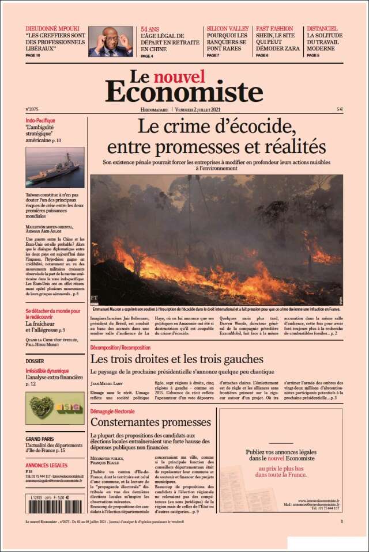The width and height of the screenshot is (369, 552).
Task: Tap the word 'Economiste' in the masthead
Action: pyautogui.click(x=184, y=92)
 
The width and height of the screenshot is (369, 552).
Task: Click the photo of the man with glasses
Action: pyautogui.click(x=110, y=41)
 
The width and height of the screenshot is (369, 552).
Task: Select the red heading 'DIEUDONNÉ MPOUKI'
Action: pyautogui.click(x=52, y=28)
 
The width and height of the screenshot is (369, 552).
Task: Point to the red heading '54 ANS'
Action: pyautogui.click(x=150, y=28)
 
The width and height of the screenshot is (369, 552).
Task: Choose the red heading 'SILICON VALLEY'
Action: pyautogui.click(x=228, y=28)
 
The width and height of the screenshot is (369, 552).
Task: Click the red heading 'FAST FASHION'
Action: pyautogui.click(x=274, y=28)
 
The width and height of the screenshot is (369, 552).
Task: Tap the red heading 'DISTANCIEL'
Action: pyautogui.click(x=322, y=28)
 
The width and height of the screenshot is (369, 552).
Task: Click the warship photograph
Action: pyautogui.click(x=55, y=167)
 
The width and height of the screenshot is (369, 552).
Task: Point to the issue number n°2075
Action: pyautogui.click(x=32, y=109)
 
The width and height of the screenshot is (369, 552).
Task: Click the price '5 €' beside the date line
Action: pyautogui.click(x=340, y=109)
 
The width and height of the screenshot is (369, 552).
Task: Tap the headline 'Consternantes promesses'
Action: pyautogui.click(x=142, y=422)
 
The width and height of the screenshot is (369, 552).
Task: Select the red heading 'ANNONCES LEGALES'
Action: pyautogui.click(x=46, y=465)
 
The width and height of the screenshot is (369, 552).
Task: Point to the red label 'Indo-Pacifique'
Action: pyautogui.click(x=40, y=120)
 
